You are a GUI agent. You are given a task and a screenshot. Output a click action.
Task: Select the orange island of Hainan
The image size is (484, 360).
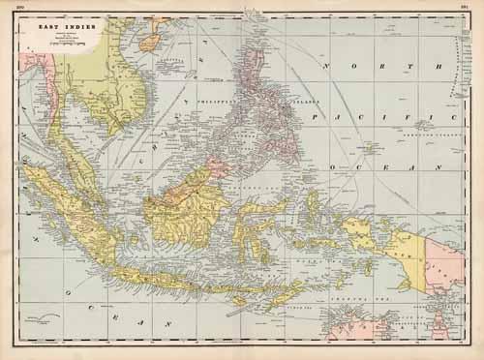(x=150, y=43)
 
